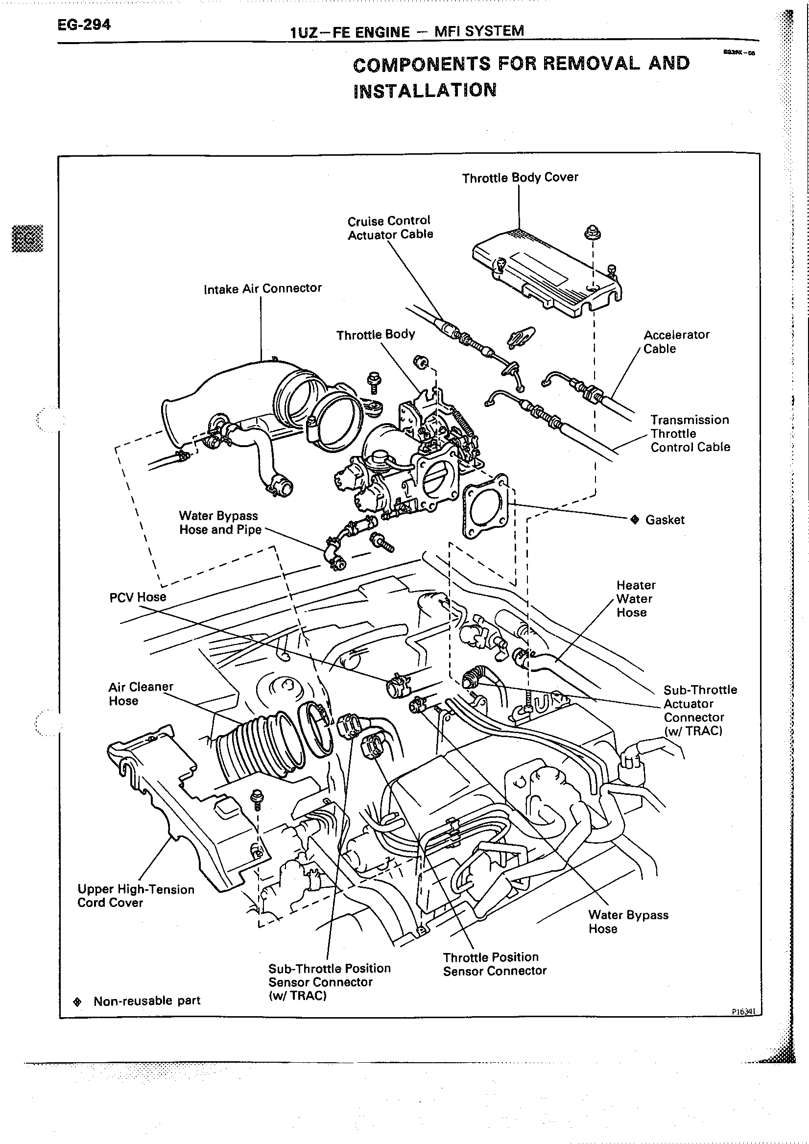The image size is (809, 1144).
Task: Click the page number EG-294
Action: click(84, 24)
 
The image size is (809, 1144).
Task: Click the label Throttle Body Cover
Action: click(520, 178)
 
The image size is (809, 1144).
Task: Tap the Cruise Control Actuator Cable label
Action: click(389, 228)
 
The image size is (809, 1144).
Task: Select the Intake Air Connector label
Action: click(262, 288)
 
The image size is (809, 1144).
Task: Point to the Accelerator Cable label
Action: click(676, 341)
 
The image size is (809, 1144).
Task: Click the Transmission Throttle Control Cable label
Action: click(690, 433)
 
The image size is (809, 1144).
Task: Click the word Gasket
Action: click(665, 520)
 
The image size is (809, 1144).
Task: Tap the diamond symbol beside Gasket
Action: click(635, 520)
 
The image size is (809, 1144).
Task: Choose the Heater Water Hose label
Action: click(636, 598)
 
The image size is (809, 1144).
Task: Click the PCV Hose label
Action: click(138, 597)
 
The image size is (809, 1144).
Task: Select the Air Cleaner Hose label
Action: click(141, 693)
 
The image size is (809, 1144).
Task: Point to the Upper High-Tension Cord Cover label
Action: click(136, 896)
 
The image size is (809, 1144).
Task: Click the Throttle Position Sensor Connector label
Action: click(494, 964)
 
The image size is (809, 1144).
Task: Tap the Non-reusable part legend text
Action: click(146, 1001)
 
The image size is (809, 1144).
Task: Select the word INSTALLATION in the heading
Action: click(425, 90)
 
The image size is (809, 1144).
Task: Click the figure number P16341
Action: click(744, 1012)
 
